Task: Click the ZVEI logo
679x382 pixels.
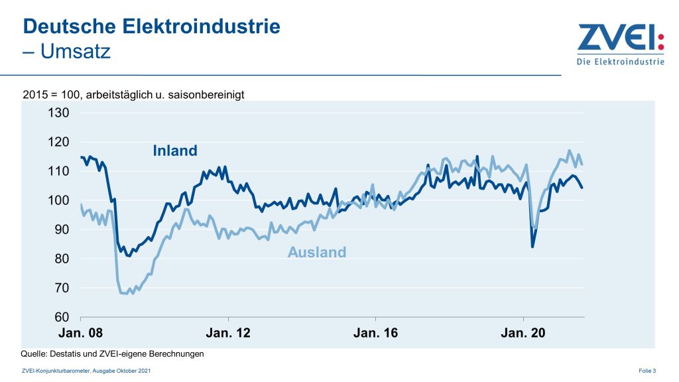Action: point(620,38)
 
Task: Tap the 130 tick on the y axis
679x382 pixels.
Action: point(58,113)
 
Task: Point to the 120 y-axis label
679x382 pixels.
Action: point(58,142)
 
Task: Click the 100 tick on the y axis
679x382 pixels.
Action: point(58,200)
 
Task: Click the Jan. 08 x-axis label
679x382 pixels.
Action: point(81,333)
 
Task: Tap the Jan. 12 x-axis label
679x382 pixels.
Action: point(228,333)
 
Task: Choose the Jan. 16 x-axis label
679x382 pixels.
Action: point(375,333)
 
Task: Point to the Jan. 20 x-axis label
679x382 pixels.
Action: point(523,333)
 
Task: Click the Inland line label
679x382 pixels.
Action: point(175,151)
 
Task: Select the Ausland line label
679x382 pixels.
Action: point(317,252)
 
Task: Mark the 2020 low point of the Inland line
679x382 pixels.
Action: point(532,247)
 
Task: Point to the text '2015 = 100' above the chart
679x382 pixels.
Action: point(50,95)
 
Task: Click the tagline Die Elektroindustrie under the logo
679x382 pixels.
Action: point(620,62)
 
